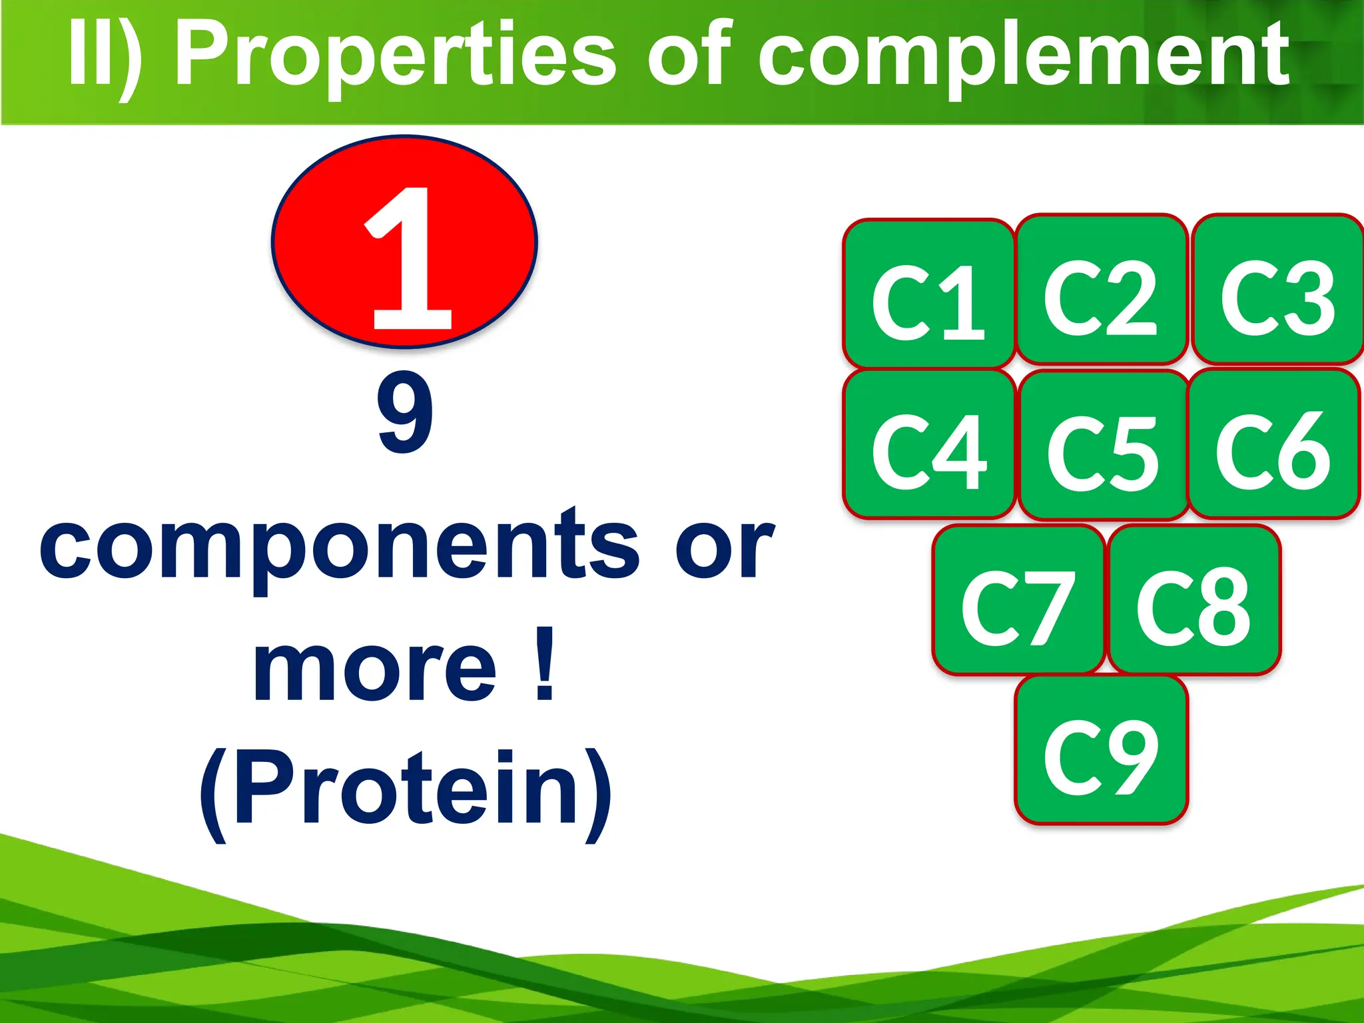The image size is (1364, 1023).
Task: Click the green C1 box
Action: pos(928,294)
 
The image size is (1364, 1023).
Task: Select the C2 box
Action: pos(1102,290)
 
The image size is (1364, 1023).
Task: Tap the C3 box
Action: pos(1277,290)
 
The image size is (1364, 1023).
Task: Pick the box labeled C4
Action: pos(928,444)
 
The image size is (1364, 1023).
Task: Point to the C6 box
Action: pos(1273,444)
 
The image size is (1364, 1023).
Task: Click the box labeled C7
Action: pos(1018,600)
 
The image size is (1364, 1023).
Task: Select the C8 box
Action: pos(1193,600)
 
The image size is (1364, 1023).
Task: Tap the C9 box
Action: pos(1102,751)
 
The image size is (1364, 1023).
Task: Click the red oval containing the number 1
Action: pos(404,242)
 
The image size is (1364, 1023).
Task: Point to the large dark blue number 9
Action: pos(404,413)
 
